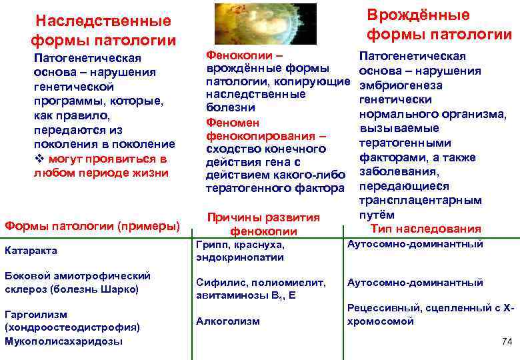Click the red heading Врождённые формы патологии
tap(439, 24)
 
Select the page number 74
tap(505, 341)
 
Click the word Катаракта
tap(31, 251)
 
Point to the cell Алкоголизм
tap(228, 321)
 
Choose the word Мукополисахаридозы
tap(63, 341)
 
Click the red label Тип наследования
tap(425, 229)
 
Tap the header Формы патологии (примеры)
tap(92, 226)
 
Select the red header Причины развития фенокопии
tap(263, 225)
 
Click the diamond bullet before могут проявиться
tap(38, 159)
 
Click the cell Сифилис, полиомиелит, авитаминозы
tap(261, 289)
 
